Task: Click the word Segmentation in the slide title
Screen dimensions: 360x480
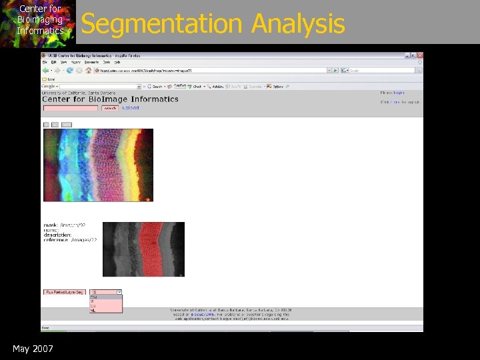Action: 163,24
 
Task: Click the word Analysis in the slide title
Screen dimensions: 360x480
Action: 297,24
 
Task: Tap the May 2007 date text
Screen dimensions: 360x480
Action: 33,349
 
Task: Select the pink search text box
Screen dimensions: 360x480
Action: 70,108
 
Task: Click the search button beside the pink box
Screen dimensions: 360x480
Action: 110,108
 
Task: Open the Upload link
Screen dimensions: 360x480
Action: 130,107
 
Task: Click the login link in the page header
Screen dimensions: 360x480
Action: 399,93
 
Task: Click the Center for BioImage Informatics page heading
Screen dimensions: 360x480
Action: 111,99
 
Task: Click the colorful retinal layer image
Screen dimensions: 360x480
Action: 98,165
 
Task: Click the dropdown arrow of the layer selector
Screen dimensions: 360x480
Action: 119,292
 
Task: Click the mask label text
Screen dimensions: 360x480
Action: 51,225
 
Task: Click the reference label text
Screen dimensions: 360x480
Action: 57,239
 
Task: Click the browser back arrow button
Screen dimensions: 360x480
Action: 46,70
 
